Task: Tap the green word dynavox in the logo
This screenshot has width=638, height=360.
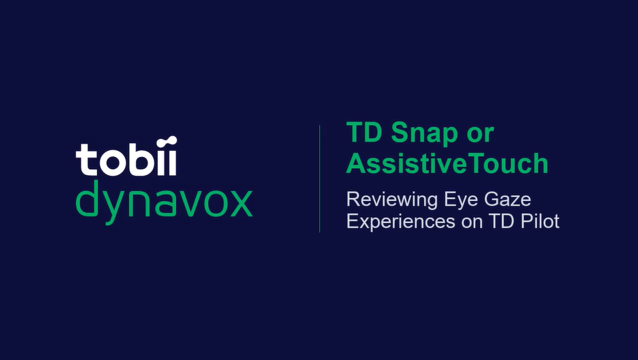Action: click(x=164, y=199)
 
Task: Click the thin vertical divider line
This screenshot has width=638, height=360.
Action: click(x=320, y=178)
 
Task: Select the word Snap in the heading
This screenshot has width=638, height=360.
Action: click(x=420, y=134)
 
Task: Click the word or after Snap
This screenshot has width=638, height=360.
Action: click(x=479, y=134)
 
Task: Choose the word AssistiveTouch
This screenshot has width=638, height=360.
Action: click(x=447, y=163)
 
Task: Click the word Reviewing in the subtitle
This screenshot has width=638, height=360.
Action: click(x=390, y=200)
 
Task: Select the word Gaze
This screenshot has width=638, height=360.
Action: click(x=507, y=200)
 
